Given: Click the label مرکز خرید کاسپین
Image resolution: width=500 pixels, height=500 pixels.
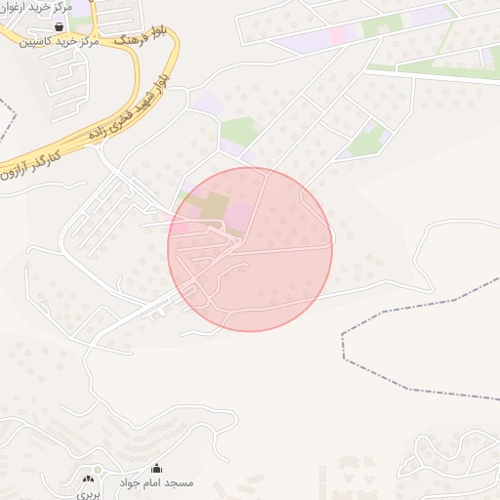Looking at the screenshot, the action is coord(74,44).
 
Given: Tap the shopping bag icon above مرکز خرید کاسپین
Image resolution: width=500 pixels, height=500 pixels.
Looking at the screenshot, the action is coord(60,27).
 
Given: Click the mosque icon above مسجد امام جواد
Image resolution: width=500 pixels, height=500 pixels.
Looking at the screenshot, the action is coord(156,469).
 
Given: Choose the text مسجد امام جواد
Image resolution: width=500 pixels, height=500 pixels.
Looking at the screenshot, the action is coord(166,483).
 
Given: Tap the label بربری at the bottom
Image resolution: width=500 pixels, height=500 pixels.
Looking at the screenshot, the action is coord(90,494).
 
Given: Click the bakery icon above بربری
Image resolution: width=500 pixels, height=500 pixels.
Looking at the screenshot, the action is coord(91,478).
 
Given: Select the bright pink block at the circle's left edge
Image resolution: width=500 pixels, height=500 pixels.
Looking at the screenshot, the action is coord(182,229).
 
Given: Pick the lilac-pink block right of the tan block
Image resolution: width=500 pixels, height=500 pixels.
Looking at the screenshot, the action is coord(239,214).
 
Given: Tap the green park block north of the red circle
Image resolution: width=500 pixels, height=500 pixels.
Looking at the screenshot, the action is coord(236,131).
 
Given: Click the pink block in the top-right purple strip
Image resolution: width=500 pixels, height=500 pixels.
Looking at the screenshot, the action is coord(339,35).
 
